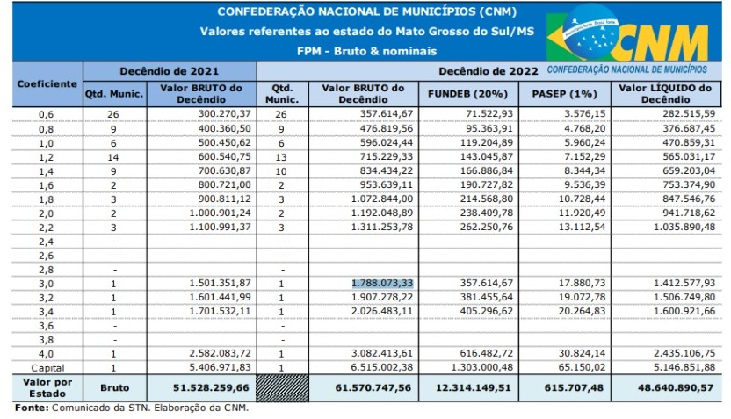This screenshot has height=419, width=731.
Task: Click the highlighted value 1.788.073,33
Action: click(381, 283)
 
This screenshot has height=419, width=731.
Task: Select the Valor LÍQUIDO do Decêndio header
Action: click(666, 93)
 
